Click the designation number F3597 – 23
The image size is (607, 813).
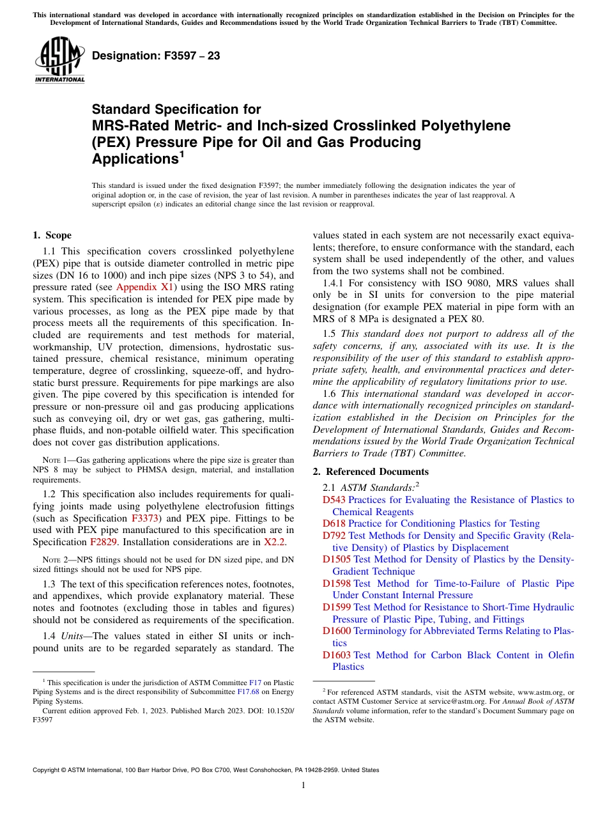pyautogui.click(x=156, y=56)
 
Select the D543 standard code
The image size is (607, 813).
pyautogui.click(x=334, y=500)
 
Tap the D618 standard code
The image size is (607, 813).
pyautogui.click(x=334, y=523)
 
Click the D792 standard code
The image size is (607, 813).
pyautogui.click(x=334, y=536)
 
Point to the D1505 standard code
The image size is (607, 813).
pyautogui.click(x=337, y=559)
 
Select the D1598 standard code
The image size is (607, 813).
pyautogui.click(x=337, y=583)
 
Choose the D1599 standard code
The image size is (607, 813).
pyautogui.click(x=337, y=607)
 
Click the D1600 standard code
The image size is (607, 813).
pyautogui.click(x=337, y=631)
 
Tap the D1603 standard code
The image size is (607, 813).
pyautogui.click(x=337, y=655)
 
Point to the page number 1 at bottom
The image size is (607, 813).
pyautogui.click(x=303, y=786)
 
